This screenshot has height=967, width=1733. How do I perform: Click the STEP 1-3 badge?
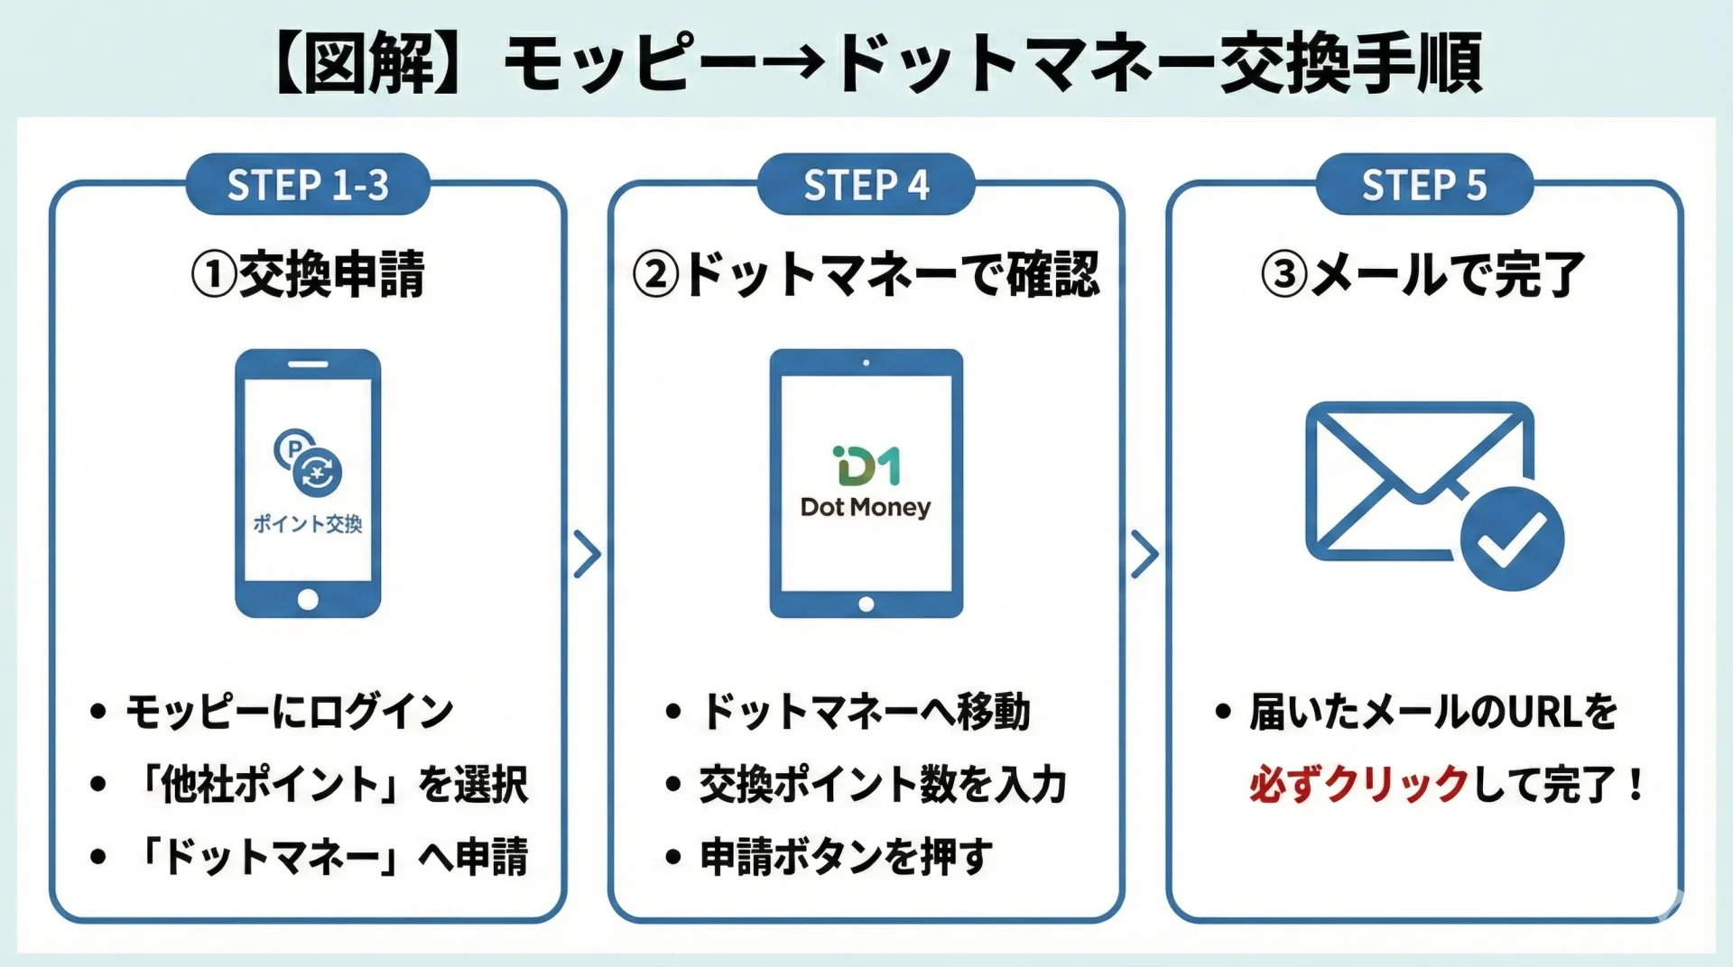(308, 185)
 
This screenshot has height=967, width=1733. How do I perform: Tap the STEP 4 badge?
(866, 185)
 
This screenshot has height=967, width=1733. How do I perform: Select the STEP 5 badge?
(1423, 185)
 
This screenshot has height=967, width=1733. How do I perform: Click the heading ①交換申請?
(308, 274)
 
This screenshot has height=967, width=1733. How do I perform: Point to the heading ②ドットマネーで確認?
(866, 274)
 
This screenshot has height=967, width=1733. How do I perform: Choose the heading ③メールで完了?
(1423, 274)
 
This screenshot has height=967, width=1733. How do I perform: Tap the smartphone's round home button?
(308, 600)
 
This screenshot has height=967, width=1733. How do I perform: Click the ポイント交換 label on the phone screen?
(308, 524)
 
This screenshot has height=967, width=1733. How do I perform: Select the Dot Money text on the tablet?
(866, 508)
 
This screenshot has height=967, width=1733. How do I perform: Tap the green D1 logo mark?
(866, 466)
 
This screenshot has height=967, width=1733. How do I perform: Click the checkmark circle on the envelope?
(1512, 539)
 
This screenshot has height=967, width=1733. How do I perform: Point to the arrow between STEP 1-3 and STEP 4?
(588, 555)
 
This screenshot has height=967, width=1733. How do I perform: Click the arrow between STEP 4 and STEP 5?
(1145, 555)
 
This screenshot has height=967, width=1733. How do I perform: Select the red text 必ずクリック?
(1359, 784)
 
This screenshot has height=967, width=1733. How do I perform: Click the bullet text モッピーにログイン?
(289, 712)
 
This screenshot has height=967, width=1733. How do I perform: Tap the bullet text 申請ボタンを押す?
(846, 856)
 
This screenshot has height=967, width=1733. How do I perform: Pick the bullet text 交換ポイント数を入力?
(883, 784)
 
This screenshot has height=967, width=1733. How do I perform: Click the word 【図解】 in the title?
(370, 63)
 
